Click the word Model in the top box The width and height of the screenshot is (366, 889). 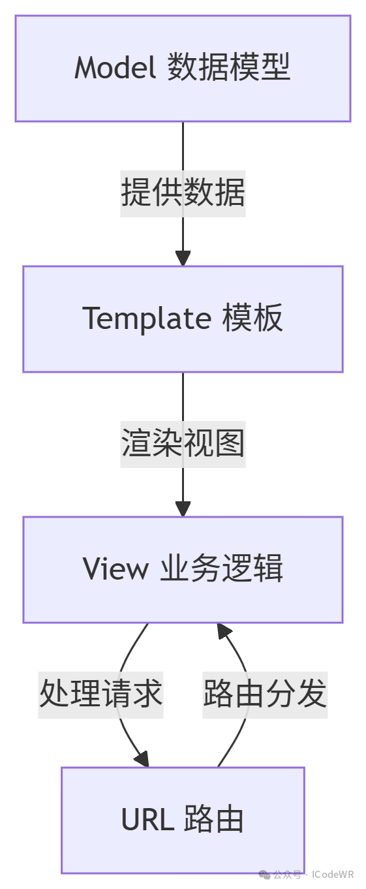115,67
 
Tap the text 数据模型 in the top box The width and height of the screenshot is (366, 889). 229,67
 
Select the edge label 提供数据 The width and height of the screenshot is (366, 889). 183,193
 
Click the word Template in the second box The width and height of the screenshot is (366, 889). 147,319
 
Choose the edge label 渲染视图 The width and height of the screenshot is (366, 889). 183,443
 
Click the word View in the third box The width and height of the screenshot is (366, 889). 115,569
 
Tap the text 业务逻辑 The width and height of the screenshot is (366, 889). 222,569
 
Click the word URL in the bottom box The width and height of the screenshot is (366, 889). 147,819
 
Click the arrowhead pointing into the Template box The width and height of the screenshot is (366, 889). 183,258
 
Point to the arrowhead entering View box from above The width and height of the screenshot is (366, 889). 183,509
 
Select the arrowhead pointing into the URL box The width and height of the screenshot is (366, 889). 142,759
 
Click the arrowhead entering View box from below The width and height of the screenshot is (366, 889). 224,631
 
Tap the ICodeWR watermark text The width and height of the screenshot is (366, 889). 333,875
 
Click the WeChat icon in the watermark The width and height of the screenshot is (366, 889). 264,875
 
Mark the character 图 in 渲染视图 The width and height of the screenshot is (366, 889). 230,443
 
